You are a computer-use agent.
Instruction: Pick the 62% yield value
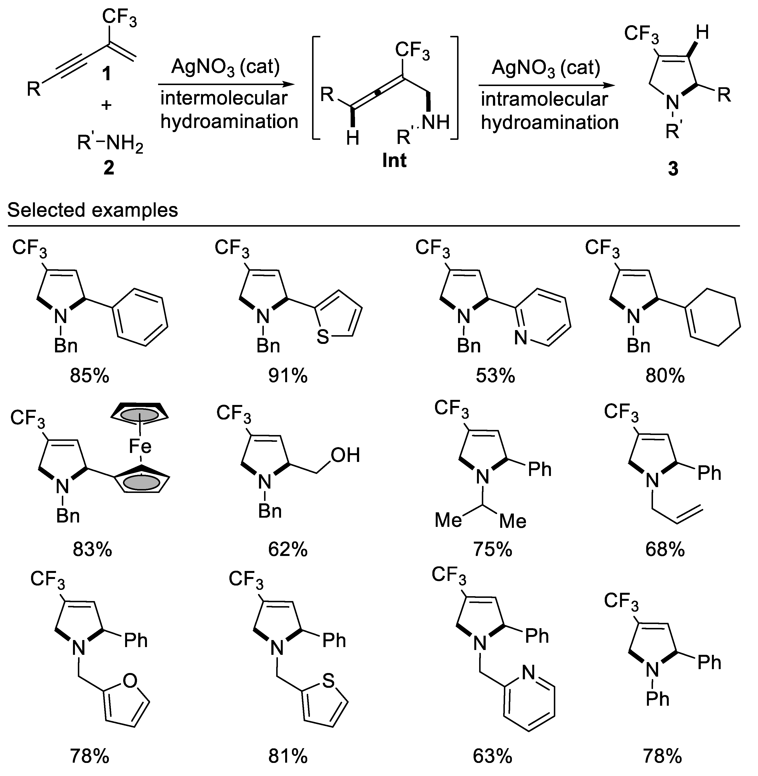pyautogui.click(x=288, y=550)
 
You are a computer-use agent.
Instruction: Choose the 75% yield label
pyautogui.click(x=493, y=550)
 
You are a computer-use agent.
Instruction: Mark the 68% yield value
pyautogui.click(x=665, y=550)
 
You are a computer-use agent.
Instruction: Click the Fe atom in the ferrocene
pyautogui.click(x=140, y=446)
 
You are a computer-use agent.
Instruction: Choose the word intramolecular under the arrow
pyautogui.click(x=544, y=99)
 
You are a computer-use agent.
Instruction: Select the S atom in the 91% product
pyautogui.click(x=323, y=337)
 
